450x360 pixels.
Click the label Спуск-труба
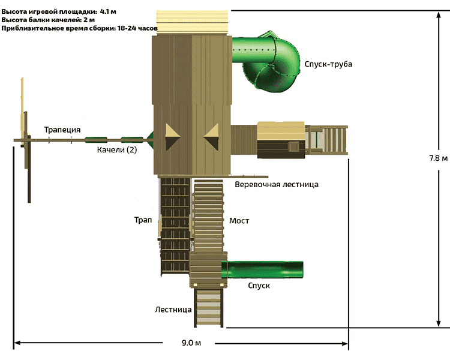click(328, 64)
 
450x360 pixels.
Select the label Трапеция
click(61, 130)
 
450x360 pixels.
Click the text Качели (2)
click(117, 150)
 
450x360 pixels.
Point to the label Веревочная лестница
click(277, 184)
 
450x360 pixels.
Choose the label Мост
click(239, 221)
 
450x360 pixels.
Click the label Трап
click(143, 220)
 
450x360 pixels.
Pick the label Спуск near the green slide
click(259, 286)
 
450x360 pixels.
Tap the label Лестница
click(173, 310)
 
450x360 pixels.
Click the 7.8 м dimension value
click(438, 158)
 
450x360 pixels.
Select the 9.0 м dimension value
click(190, 343)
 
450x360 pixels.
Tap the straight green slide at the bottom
click(264, 269)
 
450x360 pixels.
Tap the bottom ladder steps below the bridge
click(209, 307)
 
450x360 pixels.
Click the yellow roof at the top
click(193, 22)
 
